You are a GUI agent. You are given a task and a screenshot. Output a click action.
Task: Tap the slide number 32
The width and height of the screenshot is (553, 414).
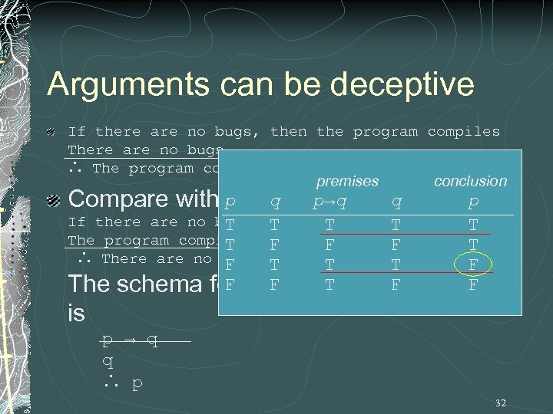pos(501,403)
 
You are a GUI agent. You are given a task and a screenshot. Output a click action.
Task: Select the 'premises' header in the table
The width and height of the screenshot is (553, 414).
pos(347,181)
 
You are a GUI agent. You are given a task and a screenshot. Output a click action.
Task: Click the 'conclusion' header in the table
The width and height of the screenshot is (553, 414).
pos(470,181)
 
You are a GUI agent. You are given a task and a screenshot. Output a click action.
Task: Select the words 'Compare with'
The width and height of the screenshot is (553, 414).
pos(143,199)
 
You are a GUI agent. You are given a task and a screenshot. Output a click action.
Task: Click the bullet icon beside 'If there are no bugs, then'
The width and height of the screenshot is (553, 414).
pos(51,132)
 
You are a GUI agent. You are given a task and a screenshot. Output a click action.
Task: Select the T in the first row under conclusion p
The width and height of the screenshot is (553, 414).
pos(473,225)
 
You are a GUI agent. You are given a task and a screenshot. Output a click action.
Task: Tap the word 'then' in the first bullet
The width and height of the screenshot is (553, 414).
pos(288,132)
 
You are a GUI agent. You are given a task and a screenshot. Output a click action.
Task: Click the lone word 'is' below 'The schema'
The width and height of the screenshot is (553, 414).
pos(77,313)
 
